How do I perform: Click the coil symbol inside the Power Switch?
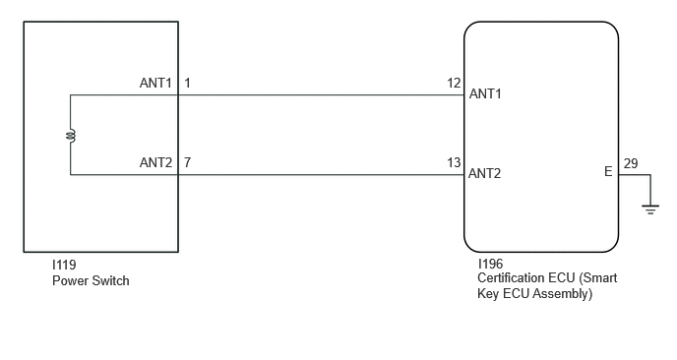tap(71, 136)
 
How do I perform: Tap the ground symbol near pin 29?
tap(650, 210)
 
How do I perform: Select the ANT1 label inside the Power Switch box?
tap(155, 83)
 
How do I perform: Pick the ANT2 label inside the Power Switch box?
tap(155, 162)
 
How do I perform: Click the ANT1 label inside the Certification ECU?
tap(485, 93)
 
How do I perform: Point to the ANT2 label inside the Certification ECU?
tap(484, 173)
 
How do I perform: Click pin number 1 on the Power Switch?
tap(187, 83)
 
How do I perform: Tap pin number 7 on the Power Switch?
tap(187, 162)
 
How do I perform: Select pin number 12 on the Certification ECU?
tap(454, 83)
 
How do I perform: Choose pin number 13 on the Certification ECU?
tap(454, 162)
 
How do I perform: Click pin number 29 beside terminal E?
tap(631, 163)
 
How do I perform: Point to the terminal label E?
tap(608, 172)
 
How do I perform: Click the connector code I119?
tap(64, 265)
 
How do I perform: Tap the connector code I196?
tap(490, 264)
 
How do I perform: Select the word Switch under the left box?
tap(109, 281)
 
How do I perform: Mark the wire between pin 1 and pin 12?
tap(321, 95)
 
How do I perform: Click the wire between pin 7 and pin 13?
tap(321, 175)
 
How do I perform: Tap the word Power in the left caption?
tap(70, 281)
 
